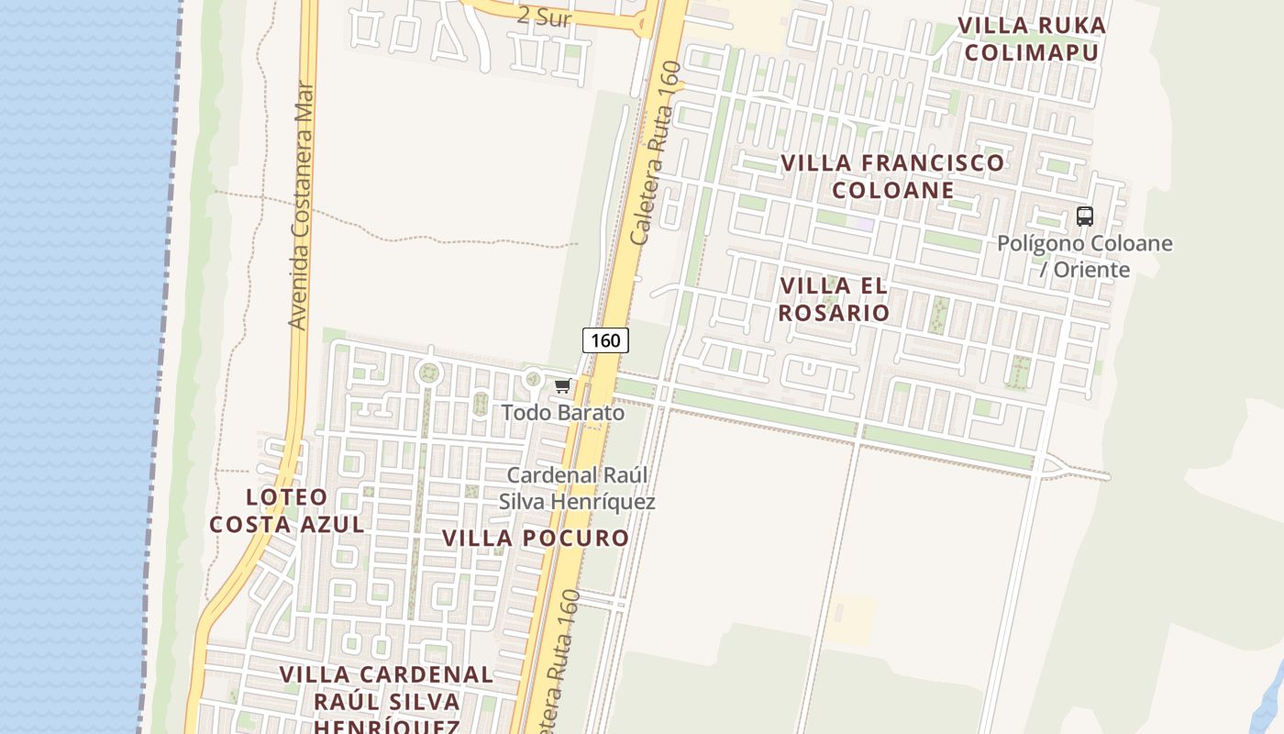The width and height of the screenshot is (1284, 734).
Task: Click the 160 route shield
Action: tap(605, 340)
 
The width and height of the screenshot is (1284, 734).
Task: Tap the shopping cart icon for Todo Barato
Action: tap(562, 386)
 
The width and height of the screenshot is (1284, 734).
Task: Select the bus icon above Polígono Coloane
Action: tap(1085, 217)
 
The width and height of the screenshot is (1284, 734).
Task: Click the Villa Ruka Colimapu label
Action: tap(1032, 39)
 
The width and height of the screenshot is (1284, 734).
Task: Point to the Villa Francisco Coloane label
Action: tap(892, 176)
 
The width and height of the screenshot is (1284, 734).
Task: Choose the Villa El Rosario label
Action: tap(835, 299)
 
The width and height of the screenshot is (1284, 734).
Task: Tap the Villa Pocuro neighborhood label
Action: tap(536, 538)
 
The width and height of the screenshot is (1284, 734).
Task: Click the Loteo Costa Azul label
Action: tap(287, 511)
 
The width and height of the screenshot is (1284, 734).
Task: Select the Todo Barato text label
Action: tap(562, 413)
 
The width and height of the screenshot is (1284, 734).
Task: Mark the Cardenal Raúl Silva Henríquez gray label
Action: tap(577, 488)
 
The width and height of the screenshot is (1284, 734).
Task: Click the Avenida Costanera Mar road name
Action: tap(301, 206)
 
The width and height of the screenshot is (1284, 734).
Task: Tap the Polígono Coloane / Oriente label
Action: tap(1085, 256)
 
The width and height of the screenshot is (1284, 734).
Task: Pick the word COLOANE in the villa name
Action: tap(892, 190)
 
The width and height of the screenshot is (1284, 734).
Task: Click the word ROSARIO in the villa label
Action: tap(835, 313)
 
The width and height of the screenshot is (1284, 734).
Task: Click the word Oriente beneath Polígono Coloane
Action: tap(1091, 270)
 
